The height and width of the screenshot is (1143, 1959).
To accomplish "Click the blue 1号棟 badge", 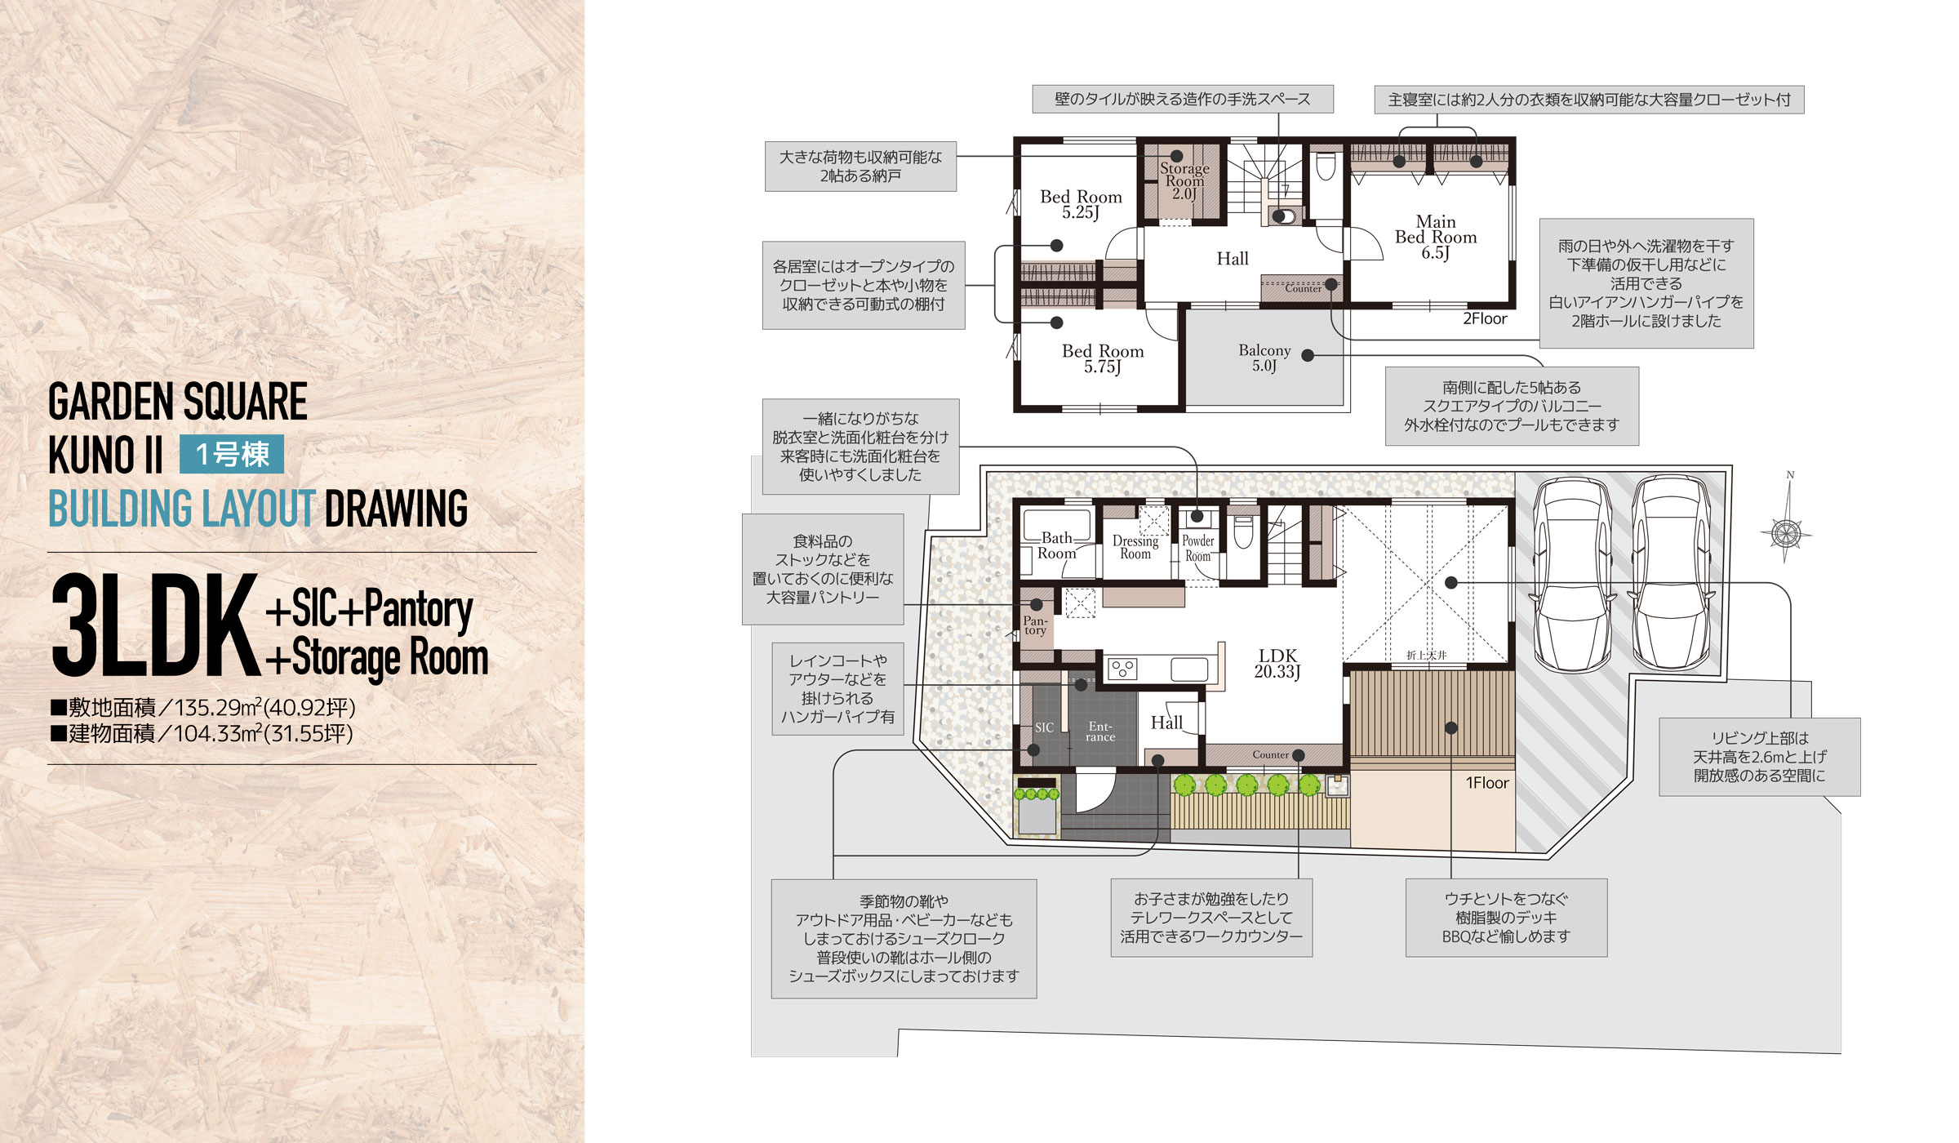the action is click(x=232, y=454).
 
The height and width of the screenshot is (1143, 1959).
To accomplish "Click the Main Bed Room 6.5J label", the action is click(x=1436, y=237).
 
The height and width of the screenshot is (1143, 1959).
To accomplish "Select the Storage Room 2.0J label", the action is click(x=1184, y=180).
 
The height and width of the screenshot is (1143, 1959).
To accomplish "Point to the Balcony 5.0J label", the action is click(x=1264, y=358).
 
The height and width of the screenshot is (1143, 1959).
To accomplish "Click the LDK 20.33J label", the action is click(x=1277, y=663).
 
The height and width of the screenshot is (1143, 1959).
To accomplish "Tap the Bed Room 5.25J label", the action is click(x=1081, y=204).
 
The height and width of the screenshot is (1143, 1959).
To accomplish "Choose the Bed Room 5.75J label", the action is click(x=1103, y=358).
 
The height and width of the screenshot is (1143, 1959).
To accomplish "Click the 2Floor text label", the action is click(x=1484, y=318).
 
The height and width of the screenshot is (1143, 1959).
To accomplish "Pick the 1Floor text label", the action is click(x=1487, y=782).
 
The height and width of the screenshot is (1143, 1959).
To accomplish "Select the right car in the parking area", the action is click(x=1671, y=574).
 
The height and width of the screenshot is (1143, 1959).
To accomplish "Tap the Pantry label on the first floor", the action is click(x=1035, y=625).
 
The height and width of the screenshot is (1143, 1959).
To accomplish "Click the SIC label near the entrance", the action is click(x=1044, y=727).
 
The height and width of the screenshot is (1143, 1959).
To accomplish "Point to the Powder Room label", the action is click(x=1197, y=548).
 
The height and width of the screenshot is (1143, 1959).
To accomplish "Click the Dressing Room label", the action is click(x=1135, y=547).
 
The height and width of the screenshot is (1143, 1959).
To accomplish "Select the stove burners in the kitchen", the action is click(x=1122, y=669).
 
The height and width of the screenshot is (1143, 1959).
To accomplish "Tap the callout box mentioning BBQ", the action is click(x=1506, y=918).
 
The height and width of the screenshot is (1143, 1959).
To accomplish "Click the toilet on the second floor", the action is click(x=1325, y=167).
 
